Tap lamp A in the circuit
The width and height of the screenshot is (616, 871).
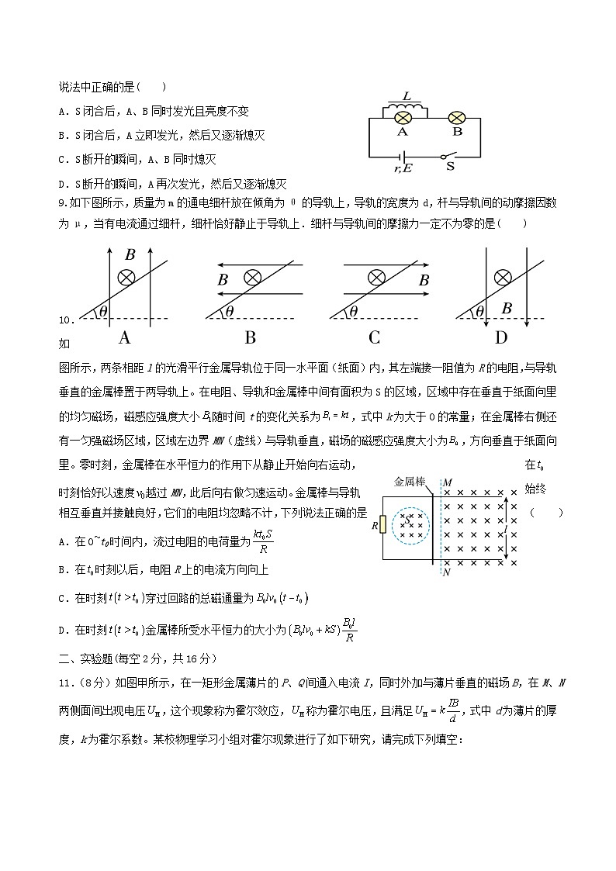click(x=403, y=119)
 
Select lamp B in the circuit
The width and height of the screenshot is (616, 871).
click(x=458, y=119)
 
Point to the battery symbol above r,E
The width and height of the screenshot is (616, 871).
click(x=404, y=157)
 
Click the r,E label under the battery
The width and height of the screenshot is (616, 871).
click(x=403, y=167)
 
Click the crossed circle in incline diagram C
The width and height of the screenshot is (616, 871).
click(x=377, y=277)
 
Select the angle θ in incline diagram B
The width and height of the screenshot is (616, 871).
click(x=229, y=312)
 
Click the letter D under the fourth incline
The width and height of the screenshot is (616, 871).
click(x=501, y=337)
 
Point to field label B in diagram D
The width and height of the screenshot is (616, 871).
click(x=506, y=309)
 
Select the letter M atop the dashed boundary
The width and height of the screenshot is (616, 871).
click(x=447, y=483)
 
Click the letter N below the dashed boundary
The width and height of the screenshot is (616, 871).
click(x=446, y=572)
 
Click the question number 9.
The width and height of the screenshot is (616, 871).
click(x=62, y=202)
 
